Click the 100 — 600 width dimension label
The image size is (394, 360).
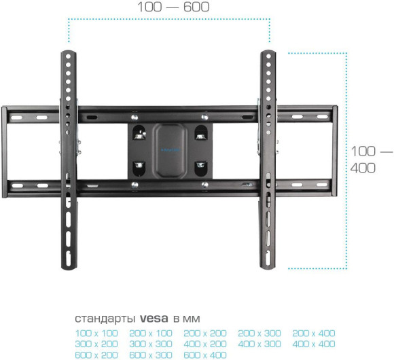coord(173,7)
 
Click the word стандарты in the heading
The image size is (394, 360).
coord(106,319)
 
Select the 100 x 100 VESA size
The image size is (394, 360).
coord(96,333)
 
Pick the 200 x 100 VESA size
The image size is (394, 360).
coord(151,333)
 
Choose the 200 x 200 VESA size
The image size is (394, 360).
coord(205,333)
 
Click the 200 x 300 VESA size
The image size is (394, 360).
coord(259,333)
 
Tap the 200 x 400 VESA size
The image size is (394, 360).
coord(314,333)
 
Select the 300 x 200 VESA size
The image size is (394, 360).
coord(96,344)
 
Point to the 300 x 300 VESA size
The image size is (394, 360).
coord(151,344)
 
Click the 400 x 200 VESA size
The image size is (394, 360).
coord(205,344)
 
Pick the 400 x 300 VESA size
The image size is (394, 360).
coord(259,344)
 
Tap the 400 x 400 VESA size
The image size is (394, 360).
coord(314,344)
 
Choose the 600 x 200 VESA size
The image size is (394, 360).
coord(96,355)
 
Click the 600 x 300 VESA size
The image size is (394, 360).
coord(151,355)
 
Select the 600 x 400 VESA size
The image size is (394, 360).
coord(205,355)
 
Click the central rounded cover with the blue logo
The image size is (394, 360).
coord(170,149)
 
